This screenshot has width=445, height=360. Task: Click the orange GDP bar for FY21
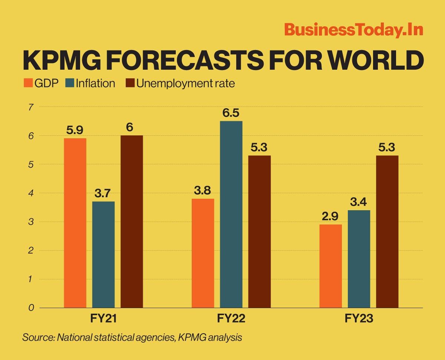(75, 223)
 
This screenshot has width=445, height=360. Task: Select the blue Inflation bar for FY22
(231, 214)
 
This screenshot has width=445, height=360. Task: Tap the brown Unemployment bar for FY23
(387, 231)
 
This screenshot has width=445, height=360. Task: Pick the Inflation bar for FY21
(103, 254)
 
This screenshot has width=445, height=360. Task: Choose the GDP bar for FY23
(330, 266)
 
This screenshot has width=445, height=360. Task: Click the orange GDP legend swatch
(29, 83)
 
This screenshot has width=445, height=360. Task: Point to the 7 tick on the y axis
(31, 107)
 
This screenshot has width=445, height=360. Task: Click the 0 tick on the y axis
(31, 308)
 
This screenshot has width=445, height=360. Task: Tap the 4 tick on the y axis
(31, 193)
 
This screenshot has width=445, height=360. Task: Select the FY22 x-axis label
(231, 318)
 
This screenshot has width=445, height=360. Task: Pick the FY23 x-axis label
(359, 318)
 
